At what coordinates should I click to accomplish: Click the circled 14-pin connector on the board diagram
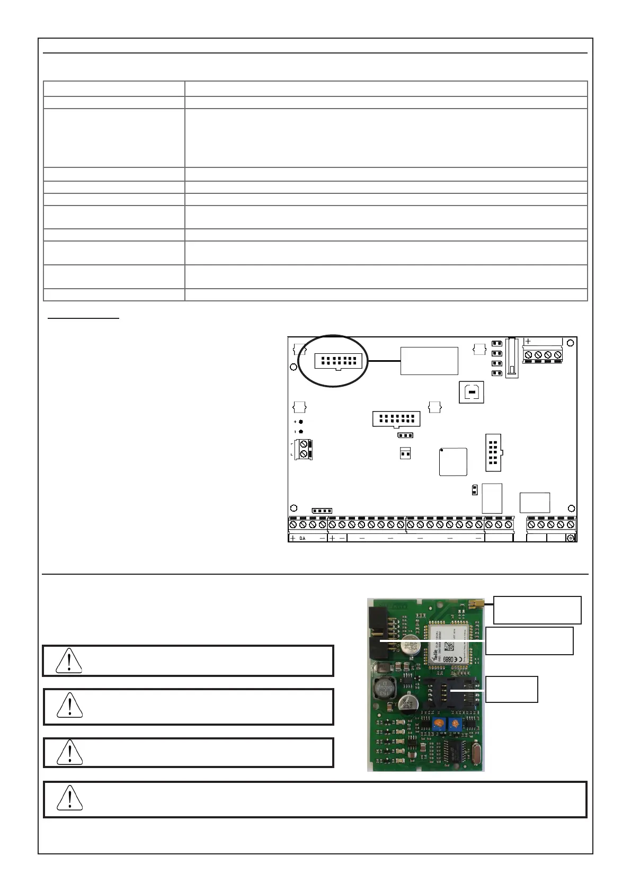[x=338, y=361]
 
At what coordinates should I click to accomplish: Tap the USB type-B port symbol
[x=472, y=391]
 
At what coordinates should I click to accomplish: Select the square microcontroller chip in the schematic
[x=453, y=462]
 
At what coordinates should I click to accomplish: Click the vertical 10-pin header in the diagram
[x=493, y=453]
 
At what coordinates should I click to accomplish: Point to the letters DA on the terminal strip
[x=303, y=538]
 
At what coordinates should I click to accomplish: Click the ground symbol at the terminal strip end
[x=571, y=538]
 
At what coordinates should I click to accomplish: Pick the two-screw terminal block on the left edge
[x=304, y=449]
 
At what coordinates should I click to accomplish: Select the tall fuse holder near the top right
[x=512, y=358]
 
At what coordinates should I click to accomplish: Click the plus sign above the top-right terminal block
[x=528, y=342]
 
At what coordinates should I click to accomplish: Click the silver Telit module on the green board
[x=446, y=641]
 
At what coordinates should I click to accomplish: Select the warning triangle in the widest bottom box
[x=69, y=798]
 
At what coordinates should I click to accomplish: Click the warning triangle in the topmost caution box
[x=69, y=661]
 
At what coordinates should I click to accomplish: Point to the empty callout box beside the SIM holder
[x=511, y=689]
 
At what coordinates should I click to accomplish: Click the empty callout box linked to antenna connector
[x=537, y=610]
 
